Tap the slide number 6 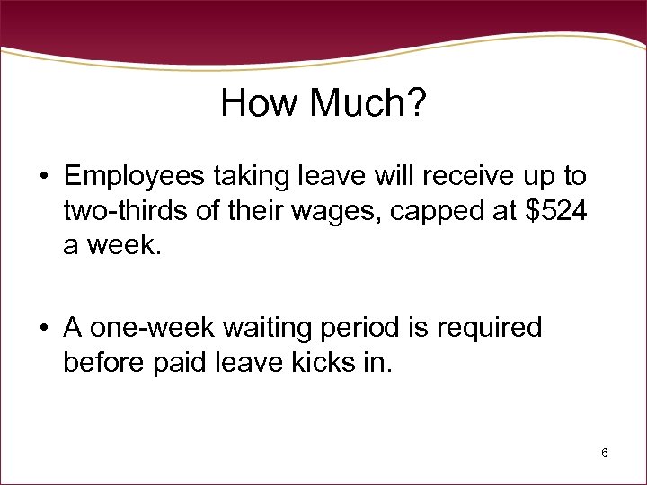[x=605, y=453]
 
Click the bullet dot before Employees [x=43, y=175]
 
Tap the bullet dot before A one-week [x=43, y=329]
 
